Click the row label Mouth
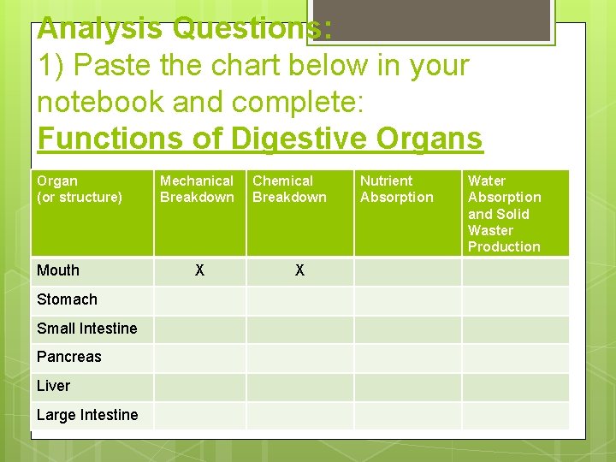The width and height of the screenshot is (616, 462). pyautogui.click(x=58, y=270)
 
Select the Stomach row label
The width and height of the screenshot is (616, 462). pyautogui.click(x=67, y=299)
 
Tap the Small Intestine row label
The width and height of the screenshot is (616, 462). pyautogui.click(x=86, y=329)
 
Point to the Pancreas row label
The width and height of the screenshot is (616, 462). pyautogui.click(x=68, y=357)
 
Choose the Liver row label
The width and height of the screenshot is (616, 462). pyautogui.click(x=53, y=386)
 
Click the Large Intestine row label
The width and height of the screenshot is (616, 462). pyautogui.click(x=87, y=415)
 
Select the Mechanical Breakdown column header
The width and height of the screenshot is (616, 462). pyautogui.click(x=197, y=189)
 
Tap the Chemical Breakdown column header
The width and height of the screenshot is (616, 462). pyautogui.click(x=289, y=189)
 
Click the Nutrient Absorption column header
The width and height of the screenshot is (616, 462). pyautogui.click(x=396, y=189)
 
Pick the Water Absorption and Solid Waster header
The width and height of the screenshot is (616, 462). pyautogui.click(x=504, y=213)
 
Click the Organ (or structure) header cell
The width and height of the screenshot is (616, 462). pyautogui.click(x=79, y=189)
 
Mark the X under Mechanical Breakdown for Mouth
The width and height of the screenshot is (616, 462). pyautogui.click(x=199, y=270)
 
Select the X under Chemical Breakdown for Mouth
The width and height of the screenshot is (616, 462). pyautogui.click(x=299, y=270)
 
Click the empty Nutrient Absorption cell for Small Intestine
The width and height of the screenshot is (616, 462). pyautogui.click(x=408, y=329)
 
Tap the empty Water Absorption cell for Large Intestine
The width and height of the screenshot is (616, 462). pyautogui.click(x=515, y=415)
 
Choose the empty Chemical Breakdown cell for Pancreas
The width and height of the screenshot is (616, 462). pyautogui.click(x=299, y=357)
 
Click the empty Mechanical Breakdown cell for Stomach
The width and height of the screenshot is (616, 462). pyautogui.click(x=199, y=299)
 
